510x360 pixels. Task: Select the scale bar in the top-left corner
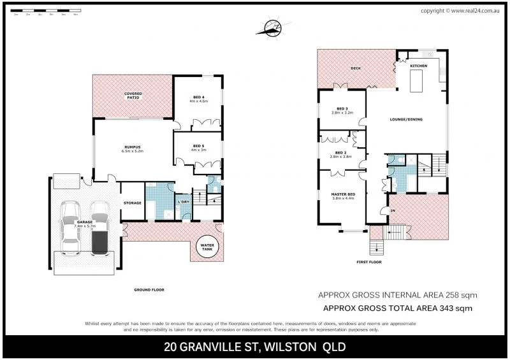[45, 12]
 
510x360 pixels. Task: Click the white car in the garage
[69, 227]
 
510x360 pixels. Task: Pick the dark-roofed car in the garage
[100, 228]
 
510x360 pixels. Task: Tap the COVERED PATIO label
[133, 96]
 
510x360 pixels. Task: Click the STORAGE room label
[133, 203]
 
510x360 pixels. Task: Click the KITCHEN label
[418, 66]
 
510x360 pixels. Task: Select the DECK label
[356, 68]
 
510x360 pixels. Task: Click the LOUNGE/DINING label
[407, 119]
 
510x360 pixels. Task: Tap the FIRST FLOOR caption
[370, 262]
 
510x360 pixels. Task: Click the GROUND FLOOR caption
[149, 290]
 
